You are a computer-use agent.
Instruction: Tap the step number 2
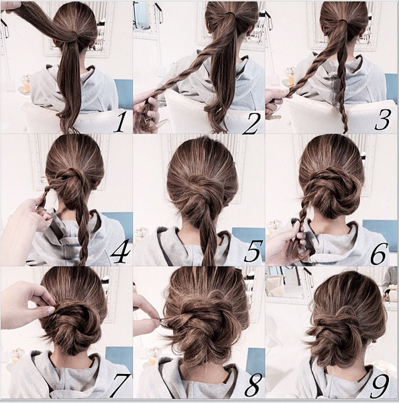pos(251,123)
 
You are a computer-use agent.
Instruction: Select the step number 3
pos(382,120)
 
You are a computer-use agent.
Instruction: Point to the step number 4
pos(120,252)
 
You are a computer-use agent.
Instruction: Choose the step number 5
pos(253,251)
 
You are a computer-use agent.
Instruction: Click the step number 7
pos(120,386)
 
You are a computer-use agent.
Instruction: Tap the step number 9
pos(380,386)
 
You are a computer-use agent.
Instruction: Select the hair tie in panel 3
pos(343,21)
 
